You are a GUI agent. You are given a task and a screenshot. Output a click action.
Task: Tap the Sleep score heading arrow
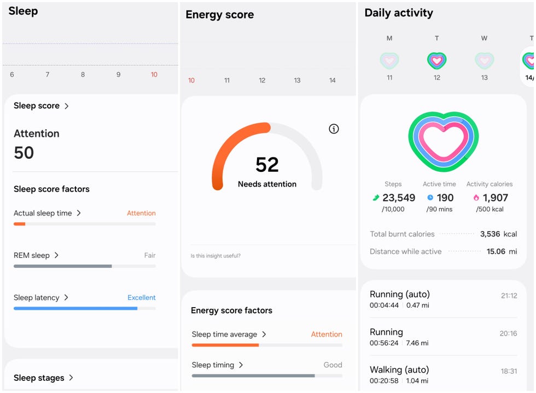[67, 106]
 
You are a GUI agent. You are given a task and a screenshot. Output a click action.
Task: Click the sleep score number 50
[24, 153]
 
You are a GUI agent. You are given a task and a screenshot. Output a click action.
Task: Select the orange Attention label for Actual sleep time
[141, 213]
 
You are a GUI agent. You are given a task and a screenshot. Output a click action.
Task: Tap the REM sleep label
[32, 255]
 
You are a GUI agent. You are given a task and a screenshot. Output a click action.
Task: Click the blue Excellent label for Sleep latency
[142, 298]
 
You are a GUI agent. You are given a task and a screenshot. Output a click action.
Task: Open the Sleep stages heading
[39, 378]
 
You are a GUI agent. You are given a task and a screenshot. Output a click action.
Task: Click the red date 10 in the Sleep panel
[154, 74]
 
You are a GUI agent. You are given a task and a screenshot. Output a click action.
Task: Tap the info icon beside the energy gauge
[334, 129]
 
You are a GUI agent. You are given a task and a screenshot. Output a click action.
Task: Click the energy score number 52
[267, 165]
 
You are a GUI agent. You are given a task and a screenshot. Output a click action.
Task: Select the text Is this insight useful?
[215, 256]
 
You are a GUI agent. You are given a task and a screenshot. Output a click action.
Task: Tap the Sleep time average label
[224, 334]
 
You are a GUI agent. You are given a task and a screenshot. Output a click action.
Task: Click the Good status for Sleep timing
[333, 365]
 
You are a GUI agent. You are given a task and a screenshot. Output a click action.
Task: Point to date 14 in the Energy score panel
[332, 80]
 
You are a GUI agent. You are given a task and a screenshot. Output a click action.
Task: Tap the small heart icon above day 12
[436, 60]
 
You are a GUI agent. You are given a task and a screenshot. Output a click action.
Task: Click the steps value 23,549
[398, 198]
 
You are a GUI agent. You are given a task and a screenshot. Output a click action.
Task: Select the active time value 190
[445, 198]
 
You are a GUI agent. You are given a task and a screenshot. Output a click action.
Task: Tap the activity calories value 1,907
[495, 198]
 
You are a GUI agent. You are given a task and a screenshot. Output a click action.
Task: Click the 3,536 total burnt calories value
[490, 234]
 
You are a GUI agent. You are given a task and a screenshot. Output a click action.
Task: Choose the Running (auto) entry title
[400, 294]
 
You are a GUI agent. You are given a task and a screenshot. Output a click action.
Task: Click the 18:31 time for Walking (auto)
[509, 371]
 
